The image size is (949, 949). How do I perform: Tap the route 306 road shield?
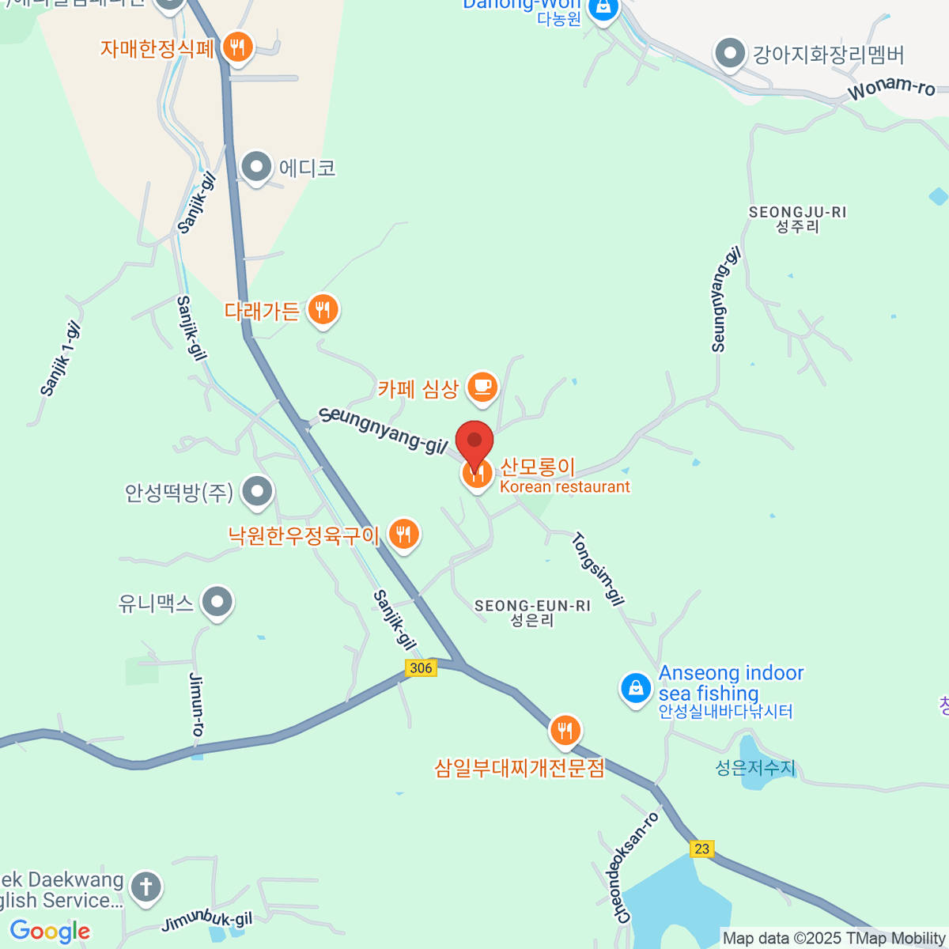click(x=421, y=668)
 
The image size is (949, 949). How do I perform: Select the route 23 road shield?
click(x=701, y=849)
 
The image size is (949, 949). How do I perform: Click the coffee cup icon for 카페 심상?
click(x=482, y=388)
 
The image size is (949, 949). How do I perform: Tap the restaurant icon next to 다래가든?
click(x=322, y=309)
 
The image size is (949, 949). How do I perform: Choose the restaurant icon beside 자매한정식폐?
click(x=237, y=47)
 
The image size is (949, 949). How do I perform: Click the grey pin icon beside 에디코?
click(x=256, y=167)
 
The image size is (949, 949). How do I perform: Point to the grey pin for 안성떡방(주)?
click(x=257, y=492)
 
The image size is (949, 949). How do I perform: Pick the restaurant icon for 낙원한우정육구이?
click(x=403, y=535)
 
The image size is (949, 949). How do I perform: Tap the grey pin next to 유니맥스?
click(x=217, y=603)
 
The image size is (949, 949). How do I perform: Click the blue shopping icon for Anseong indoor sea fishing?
click(x=636, y=688)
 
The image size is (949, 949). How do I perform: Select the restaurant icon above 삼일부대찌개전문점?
click(x=565, y=731)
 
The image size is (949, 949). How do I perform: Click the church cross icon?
click(x=146, y=887)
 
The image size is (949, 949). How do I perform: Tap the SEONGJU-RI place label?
click(x=797, y=219)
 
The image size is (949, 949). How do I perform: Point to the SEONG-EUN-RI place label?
click(x=532, y=613)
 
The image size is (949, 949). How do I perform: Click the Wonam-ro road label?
click(x=891, y=89)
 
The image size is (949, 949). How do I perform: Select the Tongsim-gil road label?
click(x=598, y=569)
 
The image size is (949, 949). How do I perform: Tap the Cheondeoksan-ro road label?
click(x=637, y=868)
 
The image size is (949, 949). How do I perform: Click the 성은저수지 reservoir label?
click(x=755, y=767)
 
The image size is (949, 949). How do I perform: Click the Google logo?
click(x=51, y=931)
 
